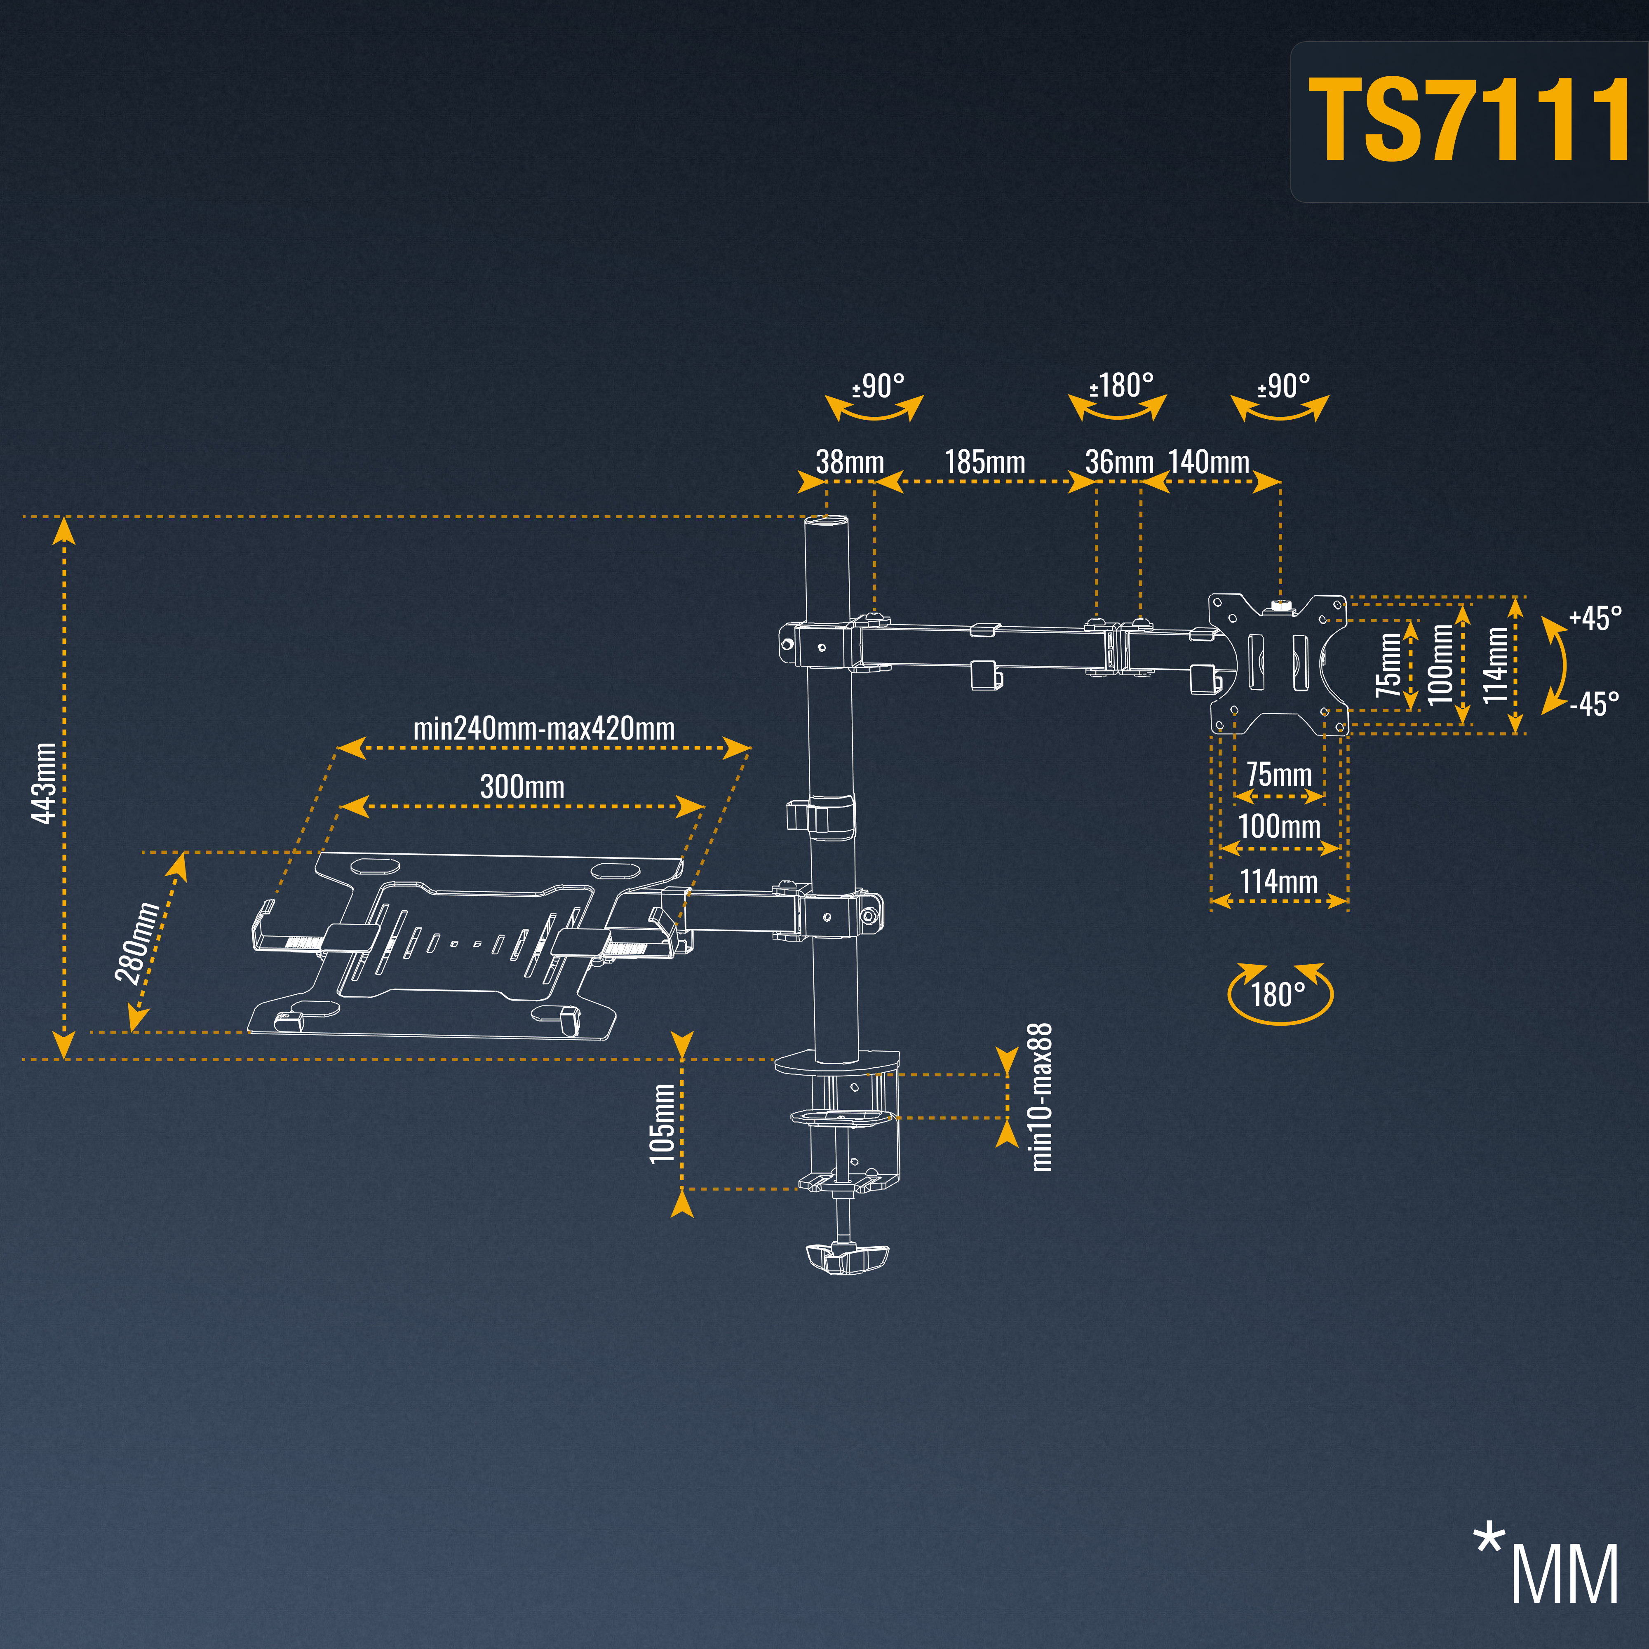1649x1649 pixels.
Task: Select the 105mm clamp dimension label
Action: (x=662, y=1123)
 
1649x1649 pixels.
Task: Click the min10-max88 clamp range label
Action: (x=1041, y=1098)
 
